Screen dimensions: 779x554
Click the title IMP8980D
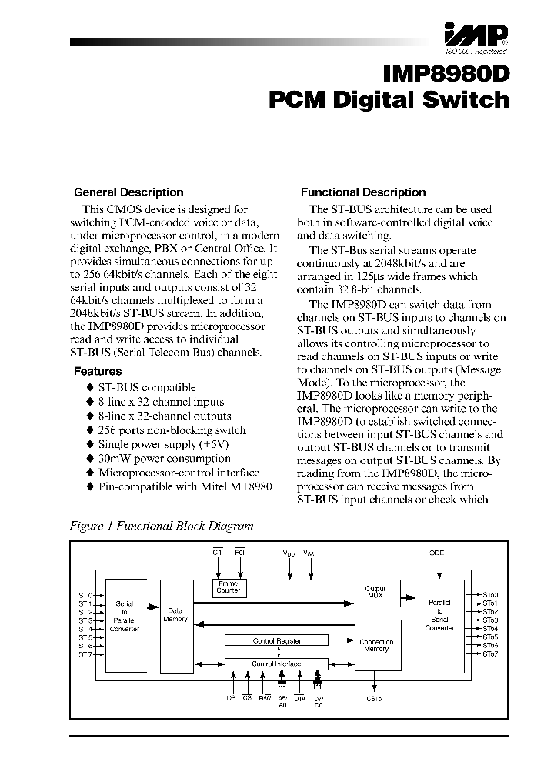[446, 73]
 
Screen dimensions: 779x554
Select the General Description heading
[128, 192]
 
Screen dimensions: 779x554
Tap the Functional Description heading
[362, 192]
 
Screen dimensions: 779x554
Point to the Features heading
[98, 370]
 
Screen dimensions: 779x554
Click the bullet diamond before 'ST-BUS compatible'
[89, 388]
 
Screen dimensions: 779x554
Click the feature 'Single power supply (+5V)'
[163, 445]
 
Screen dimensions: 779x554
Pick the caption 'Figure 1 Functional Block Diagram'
[162, 527]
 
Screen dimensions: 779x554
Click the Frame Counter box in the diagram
[228, 588]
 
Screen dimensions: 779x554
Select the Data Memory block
[175, 614]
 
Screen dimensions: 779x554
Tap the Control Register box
[275, 640]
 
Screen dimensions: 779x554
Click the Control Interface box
[275, 663]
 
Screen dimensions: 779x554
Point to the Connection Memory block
[376, 645]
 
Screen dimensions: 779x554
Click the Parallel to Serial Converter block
[440, 614]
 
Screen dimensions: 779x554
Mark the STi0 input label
[84, 595]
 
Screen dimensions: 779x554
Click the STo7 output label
[490, 654]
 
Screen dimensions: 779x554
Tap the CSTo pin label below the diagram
[374, 699]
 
